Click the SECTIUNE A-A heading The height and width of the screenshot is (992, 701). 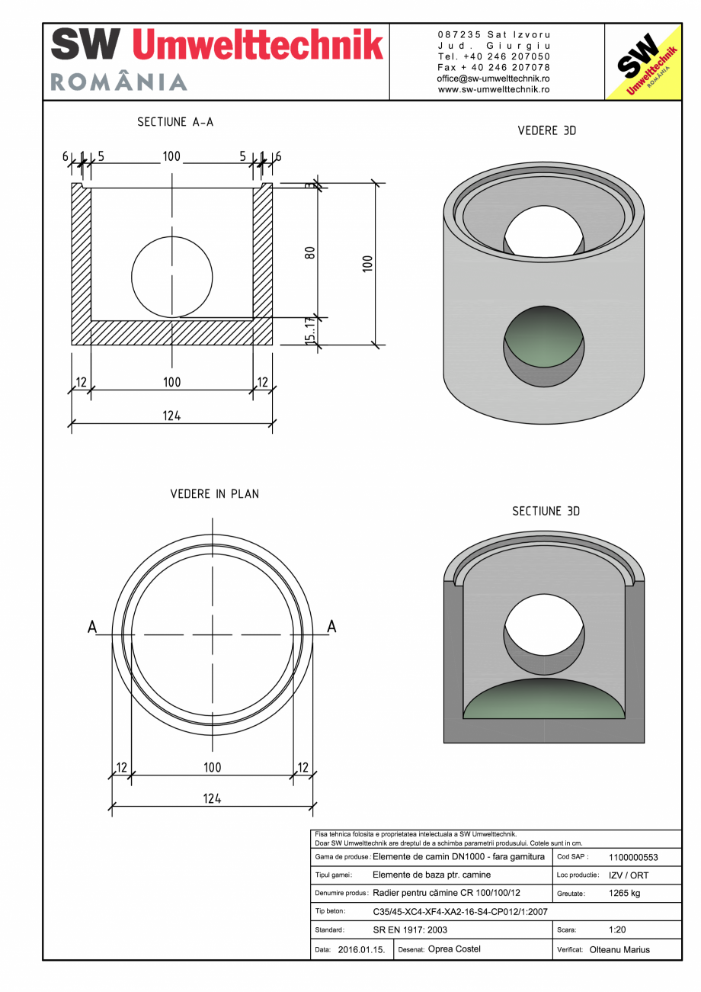(175, 122)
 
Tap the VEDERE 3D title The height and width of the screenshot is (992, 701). (546, 130)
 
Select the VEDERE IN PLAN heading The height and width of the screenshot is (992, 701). (214, 494)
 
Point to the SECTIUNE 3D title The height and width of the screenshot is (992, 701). (546, 511)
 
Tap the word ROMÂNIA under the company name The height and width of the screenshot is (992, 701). (119, 82)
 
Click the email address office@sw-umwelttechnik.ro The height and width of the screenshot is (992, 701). (494, 79)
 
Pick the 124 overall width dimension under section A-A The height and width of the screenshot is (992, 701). (171, 416)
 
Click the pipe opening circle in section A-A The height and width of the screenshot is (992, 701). (172, 276)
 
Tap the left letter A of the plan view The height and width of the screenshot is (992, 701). (92, 627)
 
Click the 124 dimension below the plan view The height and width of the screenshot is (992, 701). (212, 798)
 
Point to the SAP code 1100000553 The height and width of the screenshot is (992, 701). (633, 857)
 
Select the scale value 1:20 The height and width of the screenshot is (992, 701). (617, 930)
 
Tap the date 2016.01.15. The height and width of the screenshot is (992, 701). (361, 950)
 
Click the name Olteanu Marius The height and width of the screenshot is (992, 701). (619, 950)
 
